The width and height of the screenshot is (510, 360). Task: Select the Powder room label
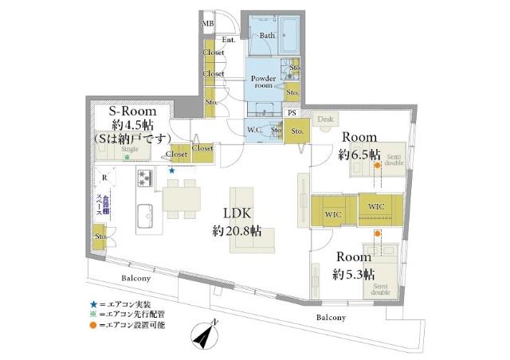pyautogui.click(x=264, y=83)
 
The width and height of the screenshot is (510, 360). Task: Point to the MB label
pyautogui.click(x=207, y=25)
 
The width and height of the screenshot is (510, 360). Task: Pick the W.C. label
pyautogui.click(x=256, y=130)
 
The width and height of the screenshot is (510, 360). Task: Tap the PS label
pyautogui.click(x=292, y=113)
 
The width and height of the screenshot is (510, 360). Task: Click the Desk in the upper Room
pyautogui.click(x=324, y=119)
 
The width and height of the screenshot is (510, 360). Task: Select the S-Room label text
pyautogui.click(x=131, y=112)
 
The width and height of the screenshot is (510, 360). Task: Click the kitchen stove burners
pyautogui.click(x=146, y=178)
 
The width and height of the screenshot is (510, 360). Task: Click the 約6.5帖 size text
pyautogui.click(x=359, y=153)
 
